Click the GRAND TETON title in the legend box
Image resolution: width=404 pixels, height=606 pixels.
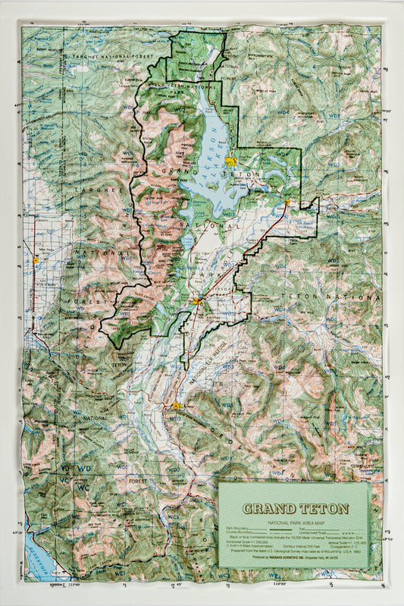point(295,509)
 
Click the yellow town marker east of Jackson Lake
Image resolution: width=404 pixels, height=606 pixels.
point(233,161)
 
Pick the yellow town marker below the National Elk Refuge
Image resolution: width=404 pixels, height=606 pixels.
point(178,406)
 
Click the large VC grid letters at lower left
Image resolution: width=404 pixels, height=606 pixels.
point(66,479)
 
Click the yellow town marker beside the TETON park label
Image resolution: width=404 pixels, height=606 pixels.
point(198,301)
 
